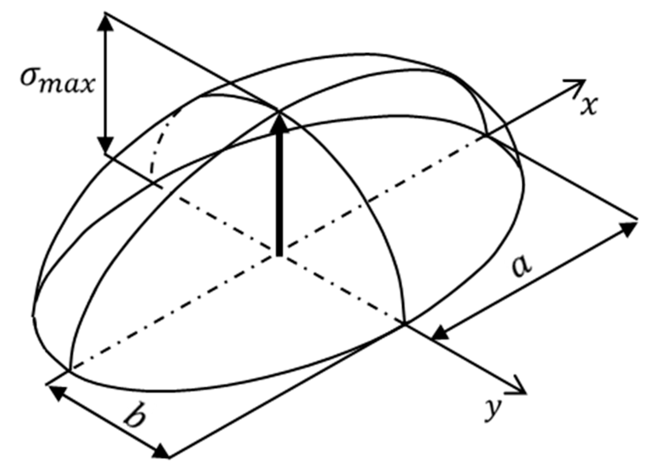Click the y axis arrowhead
pos(518,386)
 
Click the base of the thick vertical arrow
pos(279,253)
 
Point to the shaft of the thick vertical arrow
pos(279,192)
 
